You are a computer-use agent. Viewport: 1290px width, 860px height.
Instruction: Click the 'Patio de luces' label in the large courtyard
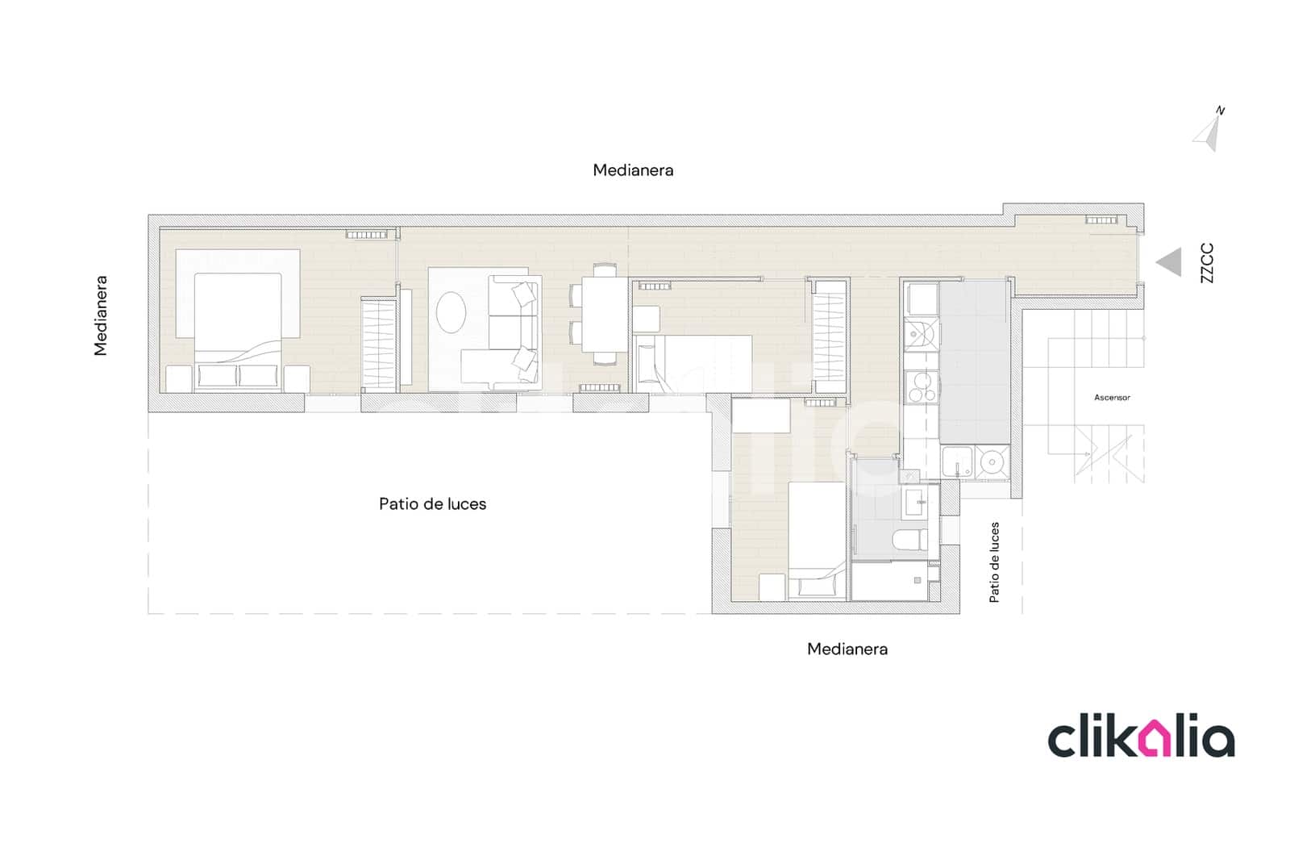click(432, 504)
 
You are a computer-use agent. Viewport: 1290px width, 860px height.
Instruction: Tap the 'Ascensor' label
click(1112, 398)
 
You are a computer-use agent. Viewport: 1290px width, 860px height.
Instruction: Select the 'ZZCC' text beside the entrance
click(1206, 263)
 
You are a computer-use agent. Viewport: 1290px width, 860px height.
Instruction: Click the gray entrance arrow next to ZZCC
click(1171, 262)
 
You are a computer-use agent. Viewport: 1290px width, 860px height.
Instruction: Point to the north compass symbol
click(1208, 130)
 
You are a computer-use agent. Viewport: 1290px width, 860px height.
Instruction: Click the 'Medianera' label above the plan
click(633, 170)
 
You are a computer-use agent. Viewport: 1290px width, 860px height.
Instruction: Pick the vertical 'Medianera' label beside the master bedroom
click(101, 315)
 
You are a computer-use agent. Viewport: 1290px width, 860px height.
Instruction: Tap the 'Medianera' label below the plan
click(847, 649)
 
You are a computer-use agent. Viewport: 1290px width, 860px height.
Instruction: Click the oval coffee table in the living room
click(451, 311)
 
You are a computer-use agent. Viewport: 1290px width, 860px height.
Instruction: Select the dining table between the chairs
click(605, 314)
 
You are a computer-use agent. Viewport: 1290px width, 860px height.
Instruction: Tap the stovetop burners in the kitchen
click(920, 386)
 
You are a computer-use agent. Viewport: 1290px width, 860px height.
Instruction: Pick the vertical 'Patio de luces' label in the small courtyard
click(994, 562)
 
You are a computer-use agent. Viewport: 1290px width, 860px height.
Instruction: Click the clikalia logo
click(1140, 738)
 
